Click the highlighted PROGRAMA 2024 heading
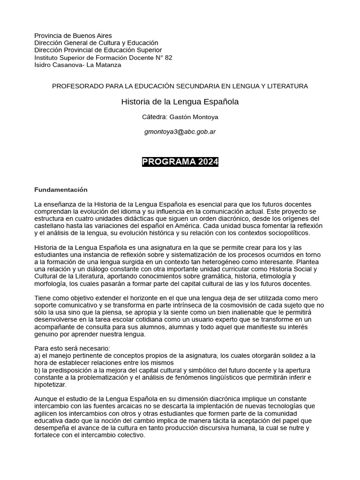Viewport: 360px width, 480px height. coord(180,162)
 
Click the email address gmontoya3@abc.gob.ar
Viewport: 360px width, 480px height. coord(180,132)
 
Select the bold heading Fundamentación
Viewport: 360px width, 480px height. coord(61,190)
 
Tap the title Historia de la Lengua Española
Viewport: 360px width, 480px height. coord(180,101)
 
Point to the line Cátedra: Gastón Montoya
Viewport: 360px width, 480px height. coord(180,117)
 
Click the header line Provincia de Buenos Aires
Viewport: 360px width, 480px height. coord(73,36)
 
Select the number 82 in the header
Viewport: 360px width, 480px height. coord(168,58)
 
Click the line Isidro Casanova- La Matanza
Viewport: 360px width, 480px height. coord(78,65)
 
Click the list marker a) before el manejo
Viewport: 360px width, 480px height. coord(38,356)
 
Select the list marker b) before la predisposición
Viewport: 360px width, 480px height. coord(38,370)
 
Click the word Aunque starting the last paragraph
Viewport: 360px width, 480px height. coord(45,399)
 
